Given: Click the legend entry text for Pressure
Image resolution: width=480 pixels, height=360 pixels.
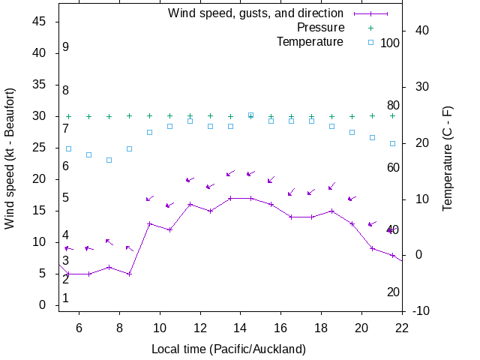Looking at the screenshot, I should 320,28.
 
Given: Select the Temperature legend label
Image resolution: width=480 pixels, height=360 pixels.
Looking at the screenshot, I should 310,41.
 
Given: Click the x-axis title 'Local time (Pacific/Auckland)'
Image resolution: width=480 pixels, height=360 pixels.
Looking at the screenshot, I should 229,349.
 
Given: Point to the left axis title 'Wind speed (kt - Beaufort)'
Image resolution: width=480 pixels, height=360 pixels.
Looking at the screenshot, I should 10,157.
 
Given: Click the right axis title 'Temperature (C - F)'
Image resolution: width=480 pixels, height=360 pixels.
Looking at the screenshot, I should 448,157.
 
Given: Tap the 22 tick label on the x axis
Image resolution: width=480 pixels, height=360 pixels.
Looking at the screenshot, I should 402,327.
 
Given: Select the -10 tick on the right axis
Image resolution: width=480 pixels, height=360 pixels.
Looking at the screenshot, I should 418,311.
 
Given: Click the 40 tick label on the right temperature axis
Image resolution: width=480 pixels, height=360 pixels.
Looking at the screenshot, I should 421,31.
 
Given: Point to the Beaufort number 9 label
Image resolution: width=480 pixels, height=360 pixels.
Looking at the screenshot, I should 66,47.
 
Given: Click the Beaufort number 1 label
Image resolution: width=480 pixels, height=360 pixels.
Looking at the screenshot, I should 66,298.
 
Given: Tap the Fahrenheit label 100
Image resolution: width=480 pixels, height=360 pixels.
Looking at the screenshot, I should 390,43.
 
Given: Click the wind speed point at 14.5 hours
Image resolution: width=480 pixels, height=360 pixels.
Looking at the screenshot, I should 250,198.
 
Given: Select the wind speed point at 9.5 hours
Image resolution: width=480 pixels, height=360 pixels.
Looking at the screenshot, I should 149,223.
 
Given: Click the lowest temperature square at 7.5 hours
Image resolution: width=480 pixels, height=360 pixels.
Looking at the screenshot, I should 109,160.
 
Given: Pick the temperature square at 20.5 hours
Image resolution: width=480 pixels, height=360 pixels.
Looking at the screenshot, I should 372,137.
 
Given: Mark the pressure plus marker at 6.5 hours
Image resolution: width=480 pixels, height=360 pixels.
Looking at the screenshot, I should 88,116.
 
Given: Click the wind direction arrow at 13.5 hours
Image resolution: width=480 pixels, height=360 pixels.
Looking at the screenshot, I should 230,173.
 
